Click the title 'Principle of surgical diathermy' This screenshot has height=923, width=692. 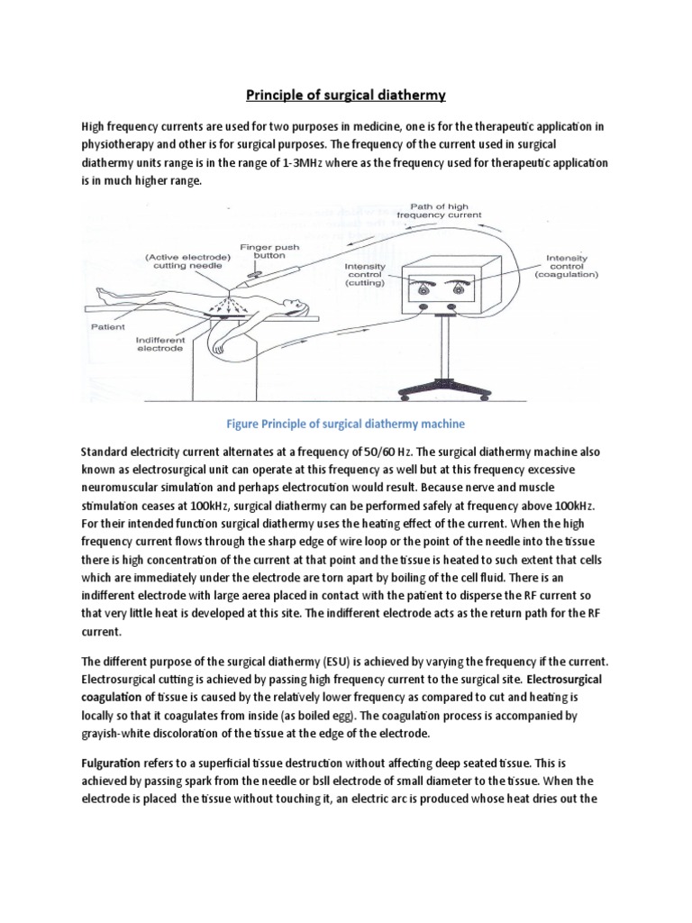click(345, 94)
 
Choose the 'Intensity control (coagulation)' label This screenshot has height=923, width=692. click(570, 267)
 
